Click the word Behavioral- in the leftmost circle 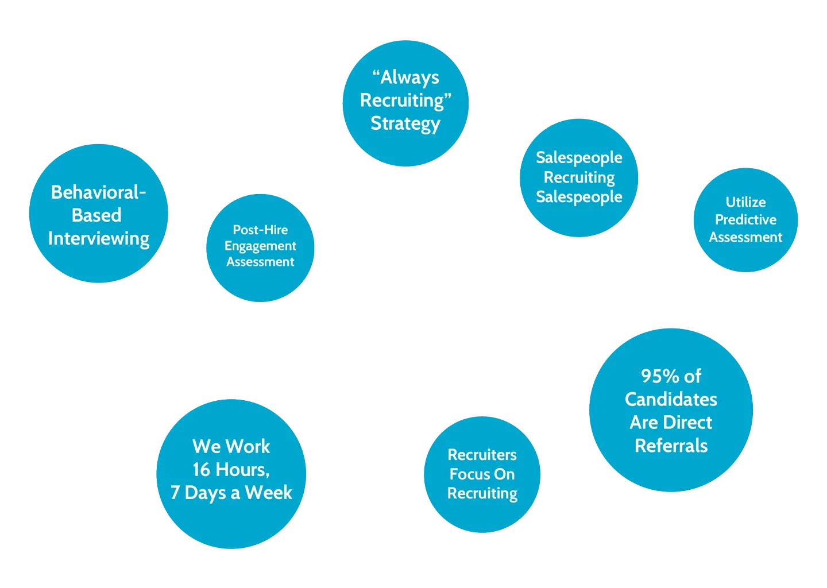click(x=98, y=192)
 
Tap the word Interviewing click(x=99, y=238)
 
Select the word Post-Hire click(x=260, y=230)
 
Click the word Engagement click(x=260, y=246)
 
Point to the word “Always click(x=405, y=77)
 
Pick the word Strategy click(x=405, y=123)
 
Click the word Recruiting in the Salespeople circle click(x=579, y=177)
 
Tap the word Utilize click(x=745, y=202)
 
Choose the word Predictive click(x=745, y=219)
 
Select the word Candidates click(x=671, y=399)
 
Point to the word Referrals click(x=671, y=446)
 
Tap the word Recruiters click(x=482, y=455)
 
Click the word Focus click(x=466, y=474)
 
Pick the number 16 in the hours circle click(x=201, y=470)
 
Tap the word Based click(x=96, y=215)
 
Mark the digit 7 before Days click(x=175, y=493)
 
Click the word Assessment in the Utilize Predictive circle click(x=745, y=237)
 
